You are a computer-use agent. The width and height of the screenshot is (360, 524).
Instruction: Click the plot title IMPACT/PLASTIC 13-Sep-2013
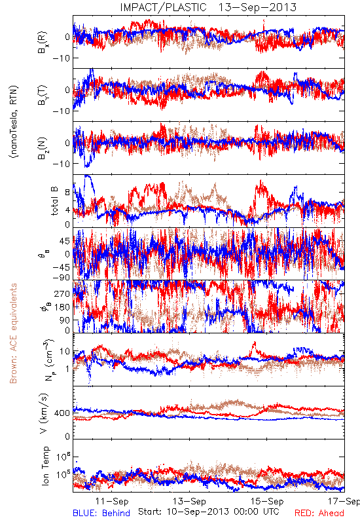pos(208,7)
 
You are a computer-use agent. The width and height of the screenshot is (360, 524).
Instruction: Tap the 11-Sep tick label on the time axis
pos(112,501)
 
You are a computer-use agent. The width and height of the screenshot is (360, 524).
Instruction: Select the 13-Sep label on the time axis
pos(189,501)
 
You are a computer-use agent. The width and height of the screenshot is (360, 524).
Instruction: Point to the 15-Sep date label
pos(267,501)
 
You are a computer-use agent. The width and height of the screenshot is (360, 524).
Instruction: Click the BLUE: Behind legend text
pos(101,513)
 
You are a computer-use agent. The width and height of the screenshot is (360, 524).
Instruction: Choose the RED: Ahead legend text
pos(319,513)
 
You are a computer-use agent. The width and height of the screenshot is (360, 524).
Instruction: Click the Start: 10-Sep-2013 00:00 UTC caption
pos(209,512)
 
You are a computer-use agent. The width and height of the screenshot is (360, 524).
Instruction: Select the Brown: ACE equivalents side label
pos(13,333)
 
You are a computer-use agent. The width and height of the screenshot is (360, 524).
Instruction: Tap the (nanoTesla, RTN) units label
pos(14,122)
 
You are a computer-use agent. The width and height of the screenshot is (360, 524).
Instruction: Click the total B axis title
pos(54,200)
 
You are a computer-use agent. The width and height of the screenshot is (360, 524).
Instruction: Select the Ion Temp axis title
pos(45,466)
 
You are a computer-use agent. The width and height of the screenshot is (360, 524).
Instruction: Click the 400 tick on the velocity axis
pos(62,413)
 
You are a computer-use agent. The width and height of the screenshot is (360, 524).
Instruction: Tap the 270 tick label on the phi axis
pos(62,293)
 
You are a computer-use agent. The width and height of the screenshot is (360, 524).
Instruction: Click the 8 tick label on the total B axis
pos(67,193)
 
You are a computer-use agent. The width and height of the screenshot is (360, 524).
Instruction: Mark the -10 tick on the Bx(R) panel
pos(61,58)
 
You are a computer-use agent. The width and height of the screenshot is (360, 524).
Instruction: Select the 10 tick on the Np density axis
pos(65,352)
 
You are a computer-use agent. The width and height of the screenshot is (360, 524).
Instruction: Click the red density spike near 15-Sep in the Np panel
pos(255,348)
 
